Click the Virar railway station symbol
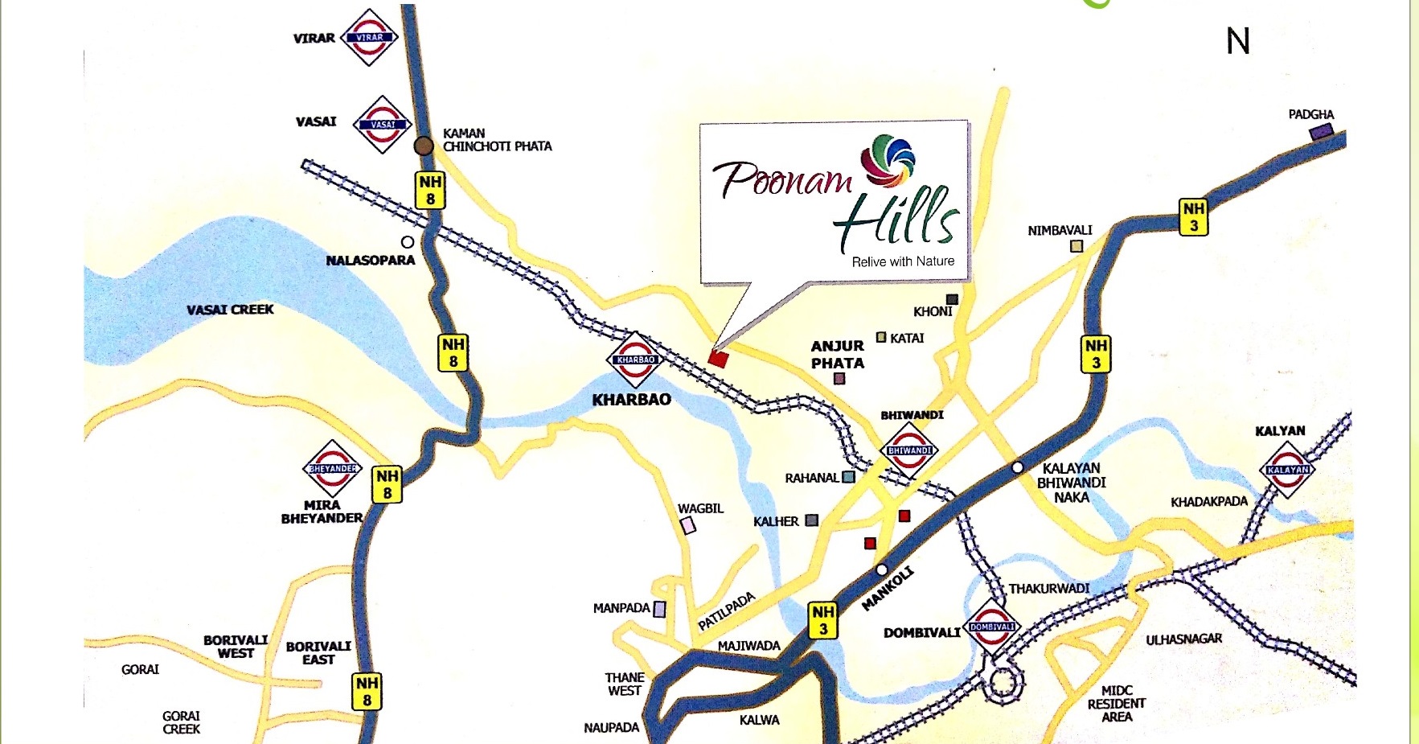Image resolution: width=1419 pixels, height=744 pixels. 370,37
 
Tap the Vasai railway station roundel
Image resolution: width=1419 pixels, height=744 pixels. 383,124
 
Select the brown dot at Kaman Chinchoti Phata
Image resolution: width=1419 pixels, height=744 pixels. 424,146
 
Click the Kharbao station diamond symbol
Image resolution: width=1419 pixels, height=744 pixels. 635,360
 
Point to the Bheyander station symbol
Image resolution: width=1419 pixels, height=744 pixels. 333,468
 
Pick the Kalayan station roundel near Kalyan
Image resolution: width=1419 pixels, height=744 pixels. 1288,469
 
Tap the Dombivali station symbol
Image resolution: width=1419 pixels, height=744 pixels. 992,627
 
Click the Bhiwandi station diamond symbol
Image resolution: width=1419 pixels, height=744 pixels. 909,450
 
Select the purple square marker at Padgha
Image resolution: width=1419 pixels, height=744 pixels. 1322,131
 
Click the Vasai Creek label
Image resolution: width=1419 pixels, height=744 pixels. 230,310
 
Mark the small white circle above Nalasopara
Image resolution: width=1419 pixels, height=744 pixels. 408,241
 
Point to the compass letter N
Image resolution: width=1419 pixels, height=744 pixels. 1238,41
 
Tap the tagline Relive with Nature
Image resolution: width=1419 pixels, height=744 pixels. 903,261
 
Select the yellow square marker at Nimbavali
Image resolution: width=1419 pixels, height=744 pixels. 1077,246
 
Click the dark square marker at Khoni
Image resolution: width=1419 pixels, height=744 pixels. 952,299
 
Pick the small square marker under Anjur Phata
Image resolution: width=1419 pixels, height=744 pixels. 839,379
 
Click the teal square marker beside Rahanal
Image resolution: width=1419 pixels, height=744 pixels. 848,477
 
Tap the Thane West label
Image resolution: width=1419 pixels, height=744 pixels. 625,684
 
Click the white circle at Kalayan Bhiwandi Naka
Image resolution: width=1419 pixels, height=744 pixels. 1017,467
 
